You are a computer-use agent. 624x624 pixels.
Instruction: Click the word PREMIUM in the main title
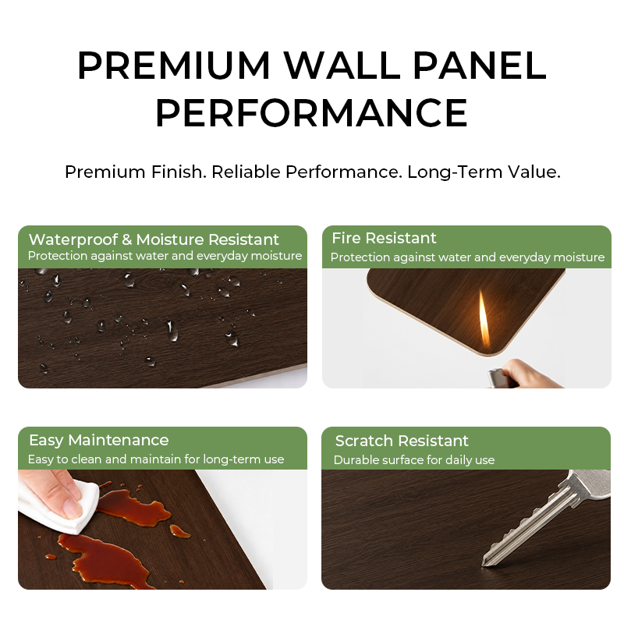click(x=174, y=66)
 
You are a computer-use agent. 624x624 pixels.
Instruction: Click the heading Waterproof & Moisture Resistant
click(x=154, y=239)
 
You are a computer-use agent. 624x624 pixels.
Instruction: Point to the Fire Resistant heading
click(x=384, y=238)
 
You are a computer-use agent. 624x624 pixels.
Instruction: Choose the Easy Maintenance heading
click(x=99, y=440)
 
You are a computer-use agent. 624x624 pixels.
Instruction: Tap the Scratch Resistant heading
click(x=402, y=441)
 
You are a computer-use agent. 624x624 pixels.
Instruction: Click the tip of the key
click(x=484, y=563)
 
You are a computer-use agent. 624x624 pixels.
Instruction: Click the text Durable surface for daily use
click(x=414, y=460)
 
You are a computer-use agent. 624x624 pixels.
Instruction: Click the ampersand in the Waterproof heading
click(x=126, y=239)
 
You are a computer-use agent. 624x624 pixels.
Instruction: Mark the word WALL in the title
click(x=342, y=66)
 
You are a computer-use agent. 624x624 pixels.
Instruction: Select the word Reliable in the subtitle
click(x=246, y=172)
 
